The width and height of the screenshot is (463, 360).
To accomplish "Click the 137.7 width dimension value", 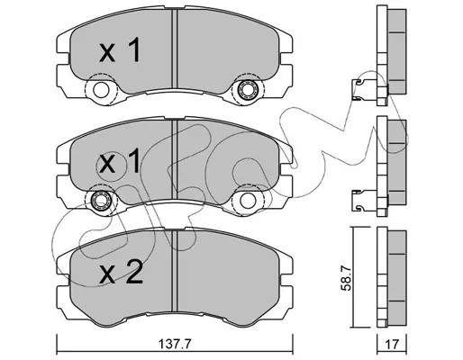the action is [x=175, y=345].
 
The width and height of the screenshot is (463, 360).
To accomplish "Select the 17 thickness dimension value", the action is [x=392, y=345].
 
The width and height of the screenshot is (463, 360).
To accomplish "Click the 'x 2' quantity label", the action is [x=121, y=272].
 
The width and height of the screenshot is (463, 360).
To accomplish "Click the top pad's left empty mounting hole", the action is [x=101, y=89].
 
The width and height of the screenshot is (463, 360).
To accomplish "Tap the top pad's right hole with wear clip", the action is [x=246, y=89].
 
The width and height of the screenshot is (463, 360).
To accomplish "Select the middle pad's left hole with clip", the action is [x=101, y=200].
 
